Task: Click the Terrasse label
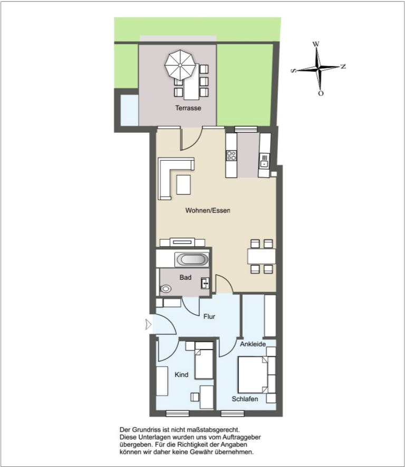click(x=188, y=108)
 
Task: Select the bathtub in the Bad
click(x=192, y=259)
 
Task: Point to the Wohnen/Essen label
click(x=208, y=210)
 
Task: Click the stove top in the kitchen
click(x=231, y=155)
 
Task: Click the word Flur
click(x=210, y=317)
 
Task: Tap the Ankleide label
click(x=252, y=344)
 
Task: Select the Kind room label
click(x=181, y=375)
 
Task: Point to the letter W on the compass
click(x=316, y=44)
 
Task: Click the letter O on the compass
click(x=320, y=93)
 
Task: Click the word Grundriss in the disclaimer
click(x=151, y=431)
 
